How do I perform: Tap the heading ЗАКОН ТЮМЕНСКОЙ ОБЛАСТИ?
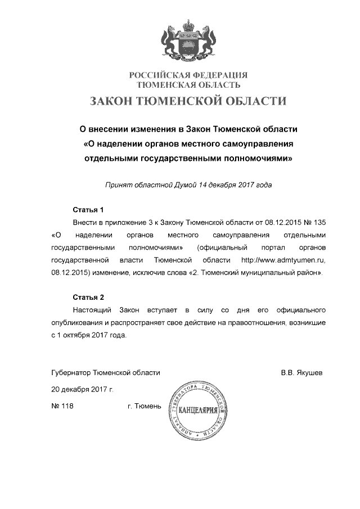(188, 102)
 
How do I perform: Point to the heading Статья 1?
(89, 210)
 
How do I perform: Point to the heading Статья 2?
(89, 297)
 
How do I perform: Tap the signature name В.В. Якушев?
(302, 372)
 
